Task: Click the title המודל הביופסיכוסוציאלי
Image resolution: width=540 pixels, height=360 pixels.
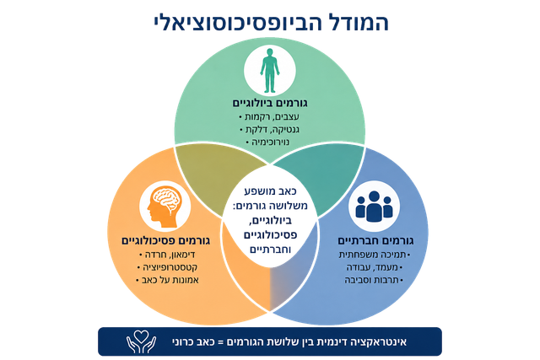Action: pos(271,23)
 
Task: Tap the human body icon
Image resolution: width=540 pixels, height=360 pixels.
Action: pos(270,71)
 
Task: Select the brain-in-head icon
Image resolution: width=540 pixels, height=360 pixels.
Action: pos(165,207)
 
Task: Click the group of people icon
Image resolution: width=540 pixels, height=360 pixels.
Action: pos(374,207)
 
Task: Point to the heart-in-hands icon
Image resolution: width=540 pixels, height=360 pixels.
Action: pos(141,341)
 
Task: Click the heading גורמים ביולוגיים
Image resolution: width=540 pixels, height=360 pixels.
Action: pos(270,103)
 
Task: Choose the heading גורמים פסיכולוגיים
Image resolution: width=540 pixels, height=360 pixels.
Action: pos(165,240)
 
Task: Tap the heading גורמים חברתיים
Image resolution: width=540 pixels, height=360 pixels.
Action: pos(375,240)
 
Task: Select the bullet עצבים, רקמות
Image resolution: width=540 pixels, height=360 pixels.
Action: pos(269,117)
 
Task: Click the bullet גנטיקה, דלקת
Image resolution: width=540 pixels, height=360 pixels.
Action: pos(269,130)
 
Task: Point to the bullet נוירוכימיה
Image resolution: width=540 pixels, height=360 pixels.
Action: pos(268,142)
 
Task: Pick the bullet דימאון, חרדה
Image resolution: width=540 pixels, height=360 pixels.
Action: pos(167,255)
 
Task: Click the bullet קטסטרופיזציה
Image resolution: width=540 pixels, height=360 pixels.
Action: pos(167,267)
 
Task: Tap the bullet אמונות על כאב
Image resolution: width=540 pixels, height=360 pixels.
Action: pos(167,280)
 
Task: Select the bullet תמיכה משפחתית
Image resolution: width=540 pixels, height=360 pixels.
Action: pos(375,255)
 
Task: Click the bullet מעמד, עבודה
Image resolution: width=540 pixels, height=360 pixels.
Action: pos(375,267)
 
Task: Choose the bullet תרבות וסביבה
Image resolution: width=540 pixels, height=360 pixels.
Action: pos(374,280)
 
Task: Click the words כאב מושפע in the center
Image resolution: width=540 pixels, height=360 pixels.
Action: pos(270,191)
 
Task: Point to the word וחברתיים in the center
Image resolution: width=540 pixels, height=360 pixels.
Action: pos(270,250)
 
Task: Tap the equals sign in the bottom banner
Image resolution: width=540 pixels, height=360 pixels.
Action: pos(221,342)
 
